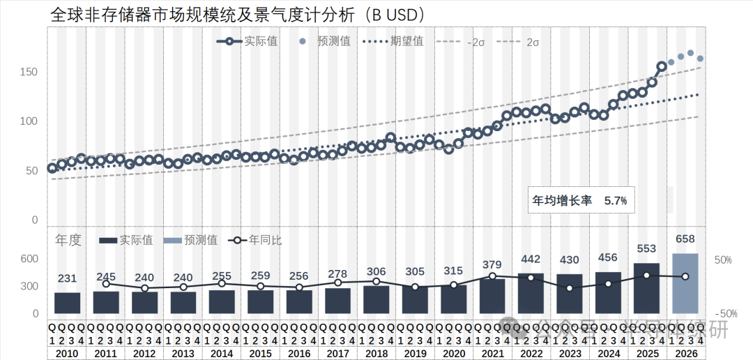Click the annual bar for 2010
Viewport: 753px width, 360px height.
[x=68, y=303]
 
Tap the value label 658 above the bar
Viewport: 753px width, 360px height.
[x=685, y=239]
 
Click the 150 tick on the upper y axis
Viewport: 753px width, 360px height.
[x=29, y=73]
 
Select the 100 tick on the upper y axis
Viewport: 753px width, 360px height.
[x=29, y=121]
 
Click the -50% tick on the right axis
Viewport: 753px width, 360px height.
[x=722, y=314]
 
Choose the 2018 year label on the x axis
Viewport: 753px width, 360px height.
[x=376, y=354]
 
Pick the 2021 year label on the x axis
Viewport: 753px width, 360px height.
[x=492, y=354]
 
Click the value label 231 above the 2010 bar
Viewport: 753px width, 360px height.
[x=68, y=278]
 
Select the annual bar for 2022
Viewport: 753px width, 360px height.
[x=531, y=293]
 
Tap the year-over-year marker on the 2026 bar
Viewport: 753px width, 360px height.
[x=685, y=276]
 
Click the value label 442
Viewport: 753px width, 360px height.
[x=531, y=260]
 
